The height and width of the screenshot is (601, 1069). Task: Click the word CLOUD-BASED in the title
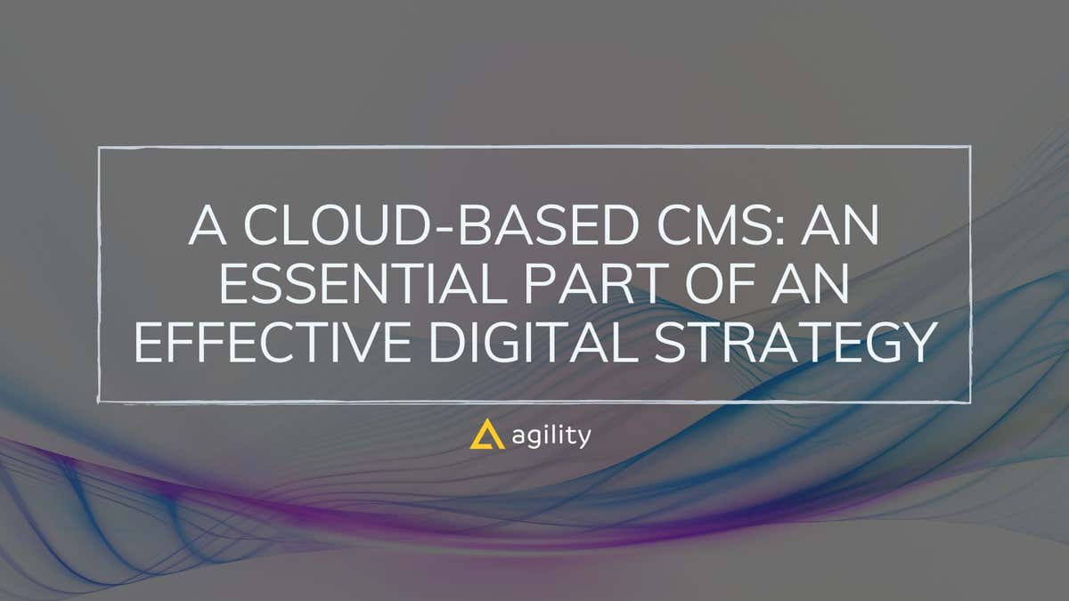418,228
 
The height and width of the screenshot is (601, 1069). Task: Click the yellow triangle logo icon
486,436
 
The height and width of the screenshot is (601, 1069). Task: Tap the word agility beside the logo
552,437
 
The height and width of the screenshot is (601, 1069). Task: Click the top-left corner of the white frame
99,148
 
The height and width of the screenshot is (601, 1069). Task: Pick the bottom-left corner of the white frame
99,402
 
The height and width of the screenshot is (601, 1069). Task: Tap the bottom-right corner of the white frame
969,402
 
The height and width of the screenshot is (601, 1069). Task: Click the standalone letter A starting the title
206,228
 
